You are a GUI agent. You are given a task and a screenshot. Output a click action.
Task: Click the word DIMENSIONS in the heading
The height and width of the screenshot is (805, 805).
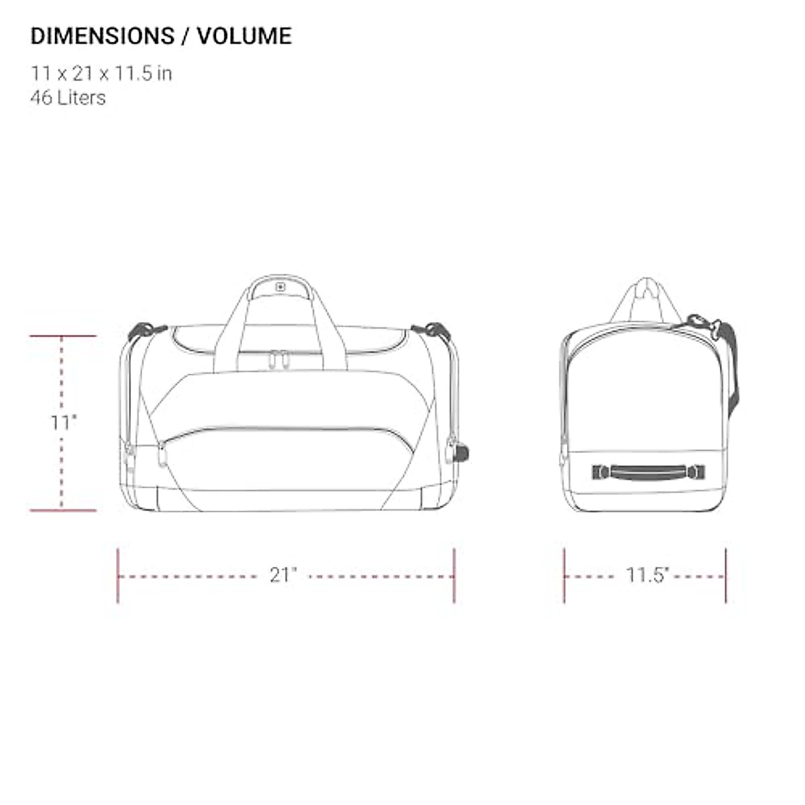pos(103,36)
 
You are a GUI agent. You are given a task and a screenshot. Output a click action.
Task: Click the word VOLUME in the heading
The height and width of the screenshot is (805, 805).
pos(244,36)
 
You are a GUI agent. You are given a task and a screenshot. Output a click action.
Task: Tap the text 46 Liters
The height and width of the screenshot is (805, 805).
pos(68,98)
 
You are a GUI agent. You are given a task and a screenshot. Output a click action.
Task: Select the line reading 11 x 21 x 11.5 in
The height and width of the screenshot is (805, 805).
pos(101,74)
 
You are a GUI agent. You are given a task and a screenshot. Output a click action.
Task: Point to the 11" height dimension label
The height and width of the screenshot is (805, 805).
pos(64,423)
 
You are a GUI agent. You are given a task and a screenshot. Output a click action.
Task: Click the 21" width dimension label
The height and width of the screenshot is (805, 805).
pos(283,575)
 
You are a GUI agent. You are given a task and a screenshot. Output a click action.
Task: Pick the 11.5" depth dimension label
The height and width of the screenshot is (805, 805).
pos(647,575)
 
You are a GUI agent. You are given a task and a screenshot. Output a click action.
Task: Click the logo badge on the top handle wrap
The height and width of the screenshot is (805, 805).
pos(280,287)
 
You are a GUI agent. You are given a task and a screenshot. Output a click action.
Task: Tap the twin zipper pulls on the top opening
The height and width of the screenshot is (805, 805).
pos(278,360)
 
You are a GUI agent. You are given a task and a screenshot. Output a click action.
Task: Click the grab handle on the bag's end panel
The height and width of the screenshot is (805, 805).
pos(648,472)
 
